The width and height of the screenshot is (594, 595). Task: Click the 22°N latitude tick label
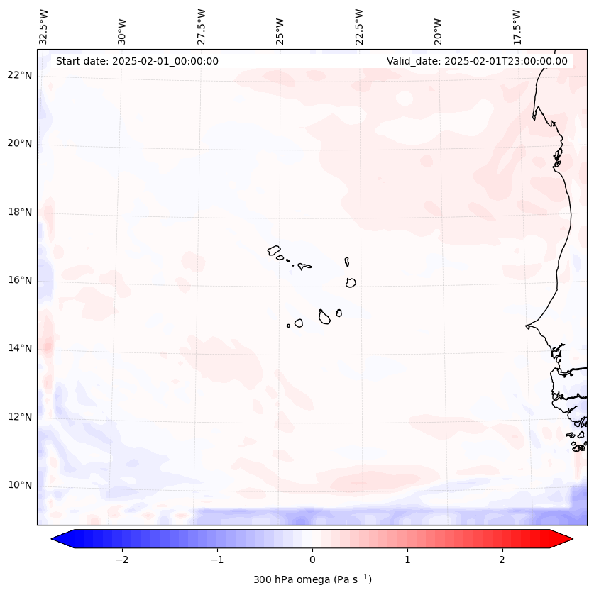coord(20,75)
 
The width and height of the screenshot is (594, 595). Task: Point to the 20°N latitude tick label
coord(20,143)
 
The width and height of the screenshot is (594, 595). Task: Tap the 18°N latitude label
coord(20,212)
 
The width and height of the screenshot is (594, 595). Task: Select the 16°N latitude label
coord(20,280)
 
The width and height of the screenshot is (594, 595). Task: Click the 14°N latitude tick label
coord(20,348)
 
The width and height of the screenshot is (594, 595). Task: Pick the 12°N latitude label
coord(20,417)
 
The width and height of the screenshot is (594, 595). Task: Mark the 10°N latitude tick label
coord(20,485)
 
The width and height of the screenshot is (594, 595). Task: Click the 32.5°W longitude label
coord(44,26)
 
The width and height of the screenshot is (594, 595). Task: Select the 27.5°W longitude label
coord(202,26)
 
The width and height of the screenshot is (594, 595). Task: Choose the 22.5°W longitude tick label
coord(359,26)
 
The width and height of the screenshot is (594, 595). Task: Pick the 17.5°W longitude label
coord(517,26)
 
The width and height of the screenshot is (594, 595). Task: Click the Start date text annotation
coord(137,61)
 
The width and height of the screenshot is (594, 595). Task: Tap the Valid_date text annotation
coord(477,61)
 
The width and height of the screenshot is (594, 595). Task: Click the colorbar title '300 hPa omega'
coord(312,579)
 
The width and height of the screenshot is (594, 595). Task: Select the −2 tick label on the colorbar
coord(121,560)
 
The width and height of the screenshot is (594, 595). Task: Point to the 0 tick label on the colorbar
coord(312,560)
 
